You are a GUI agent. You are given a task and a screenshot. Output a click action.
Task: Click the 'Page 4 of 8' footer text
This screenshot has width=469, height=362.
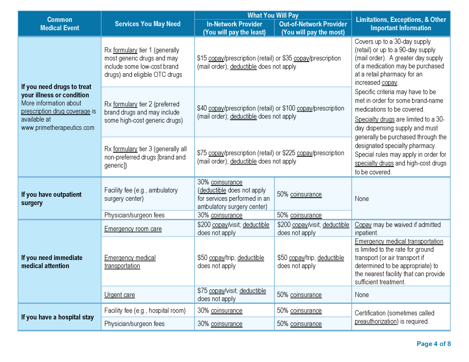433,344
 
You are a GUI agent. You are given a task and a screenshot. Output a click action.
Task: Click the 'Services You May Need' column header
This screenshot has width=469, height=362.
147,24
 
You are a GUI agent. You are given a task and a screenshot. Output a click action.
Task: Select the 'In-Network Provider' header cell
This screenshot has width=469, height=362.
234,28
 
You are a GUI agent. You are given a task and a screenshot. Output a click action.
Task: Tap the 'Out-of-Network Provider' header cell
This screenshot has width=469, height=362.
313,28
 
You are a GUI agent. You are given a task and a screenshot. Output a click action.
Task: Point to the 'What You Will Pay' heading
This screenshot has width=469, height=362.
273,16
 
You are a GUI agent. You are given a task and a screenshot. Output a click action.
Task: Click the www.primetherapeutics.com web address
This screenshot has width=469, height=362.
58,128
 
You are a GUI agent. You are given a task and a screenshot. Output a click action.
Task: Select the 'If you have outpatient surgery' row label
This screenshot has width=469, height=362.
51,199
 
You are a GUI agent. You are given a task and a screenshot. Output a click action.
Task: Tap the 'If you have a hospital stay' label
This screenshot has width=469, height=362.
57,317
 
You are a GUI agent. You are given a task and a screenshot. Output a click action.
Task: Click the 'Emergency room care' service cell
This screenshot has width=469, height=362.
133,229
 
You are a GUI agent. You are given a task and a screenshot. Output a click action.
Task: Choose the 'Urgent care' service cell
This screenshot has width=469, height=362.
120,295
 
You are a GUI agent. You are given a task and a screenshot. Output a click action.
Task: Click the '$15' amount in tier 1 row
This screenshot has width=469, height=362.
202,58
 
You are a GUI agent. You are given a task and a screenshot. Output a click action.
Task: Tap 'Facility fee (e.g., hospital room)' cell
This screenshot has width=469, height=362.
145,311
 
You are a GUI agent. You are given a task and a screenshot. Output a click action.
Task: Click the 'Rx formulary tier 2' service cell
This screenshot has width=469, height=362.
143,112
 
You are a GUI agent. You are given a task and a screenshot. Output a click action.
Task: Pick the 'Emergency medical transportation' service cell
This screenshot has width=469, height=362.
130,262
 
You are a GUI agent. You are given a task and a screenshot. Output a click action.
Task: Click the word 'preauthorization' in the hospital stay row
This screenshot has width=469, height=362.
376,321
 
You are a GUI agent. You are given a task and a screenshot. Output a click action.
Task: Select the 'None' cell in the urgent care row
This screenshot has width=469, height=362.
362,295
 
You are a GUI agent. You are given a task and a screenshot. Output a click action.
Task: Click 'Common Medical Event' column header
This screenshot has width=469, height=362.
60,24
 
